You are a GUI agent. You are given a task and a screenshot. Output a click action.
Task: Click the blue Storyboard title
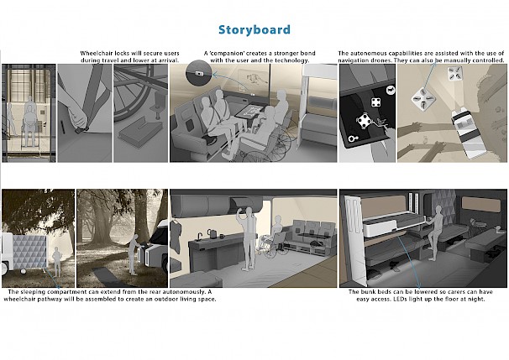tap(254, 30)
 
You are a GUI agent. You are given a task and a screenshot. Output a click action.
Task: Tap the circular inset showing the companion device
tap(198, 73)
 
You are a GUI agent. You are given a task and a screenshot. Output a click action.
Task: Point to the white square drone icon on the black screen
tap(375, 102)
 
